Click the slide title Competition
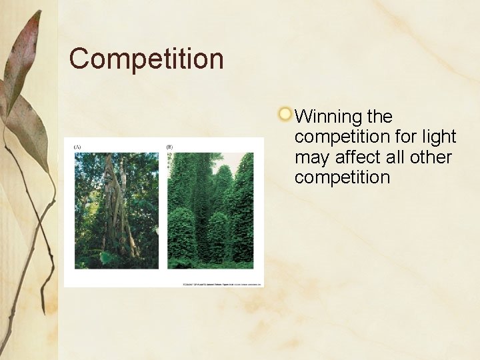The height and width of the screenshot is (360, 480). tap(146, 59)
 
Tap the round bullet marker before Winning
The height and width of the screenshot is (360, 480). tap(285, 114)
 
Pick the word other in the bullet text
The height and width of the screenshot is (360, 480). tap(432, 157)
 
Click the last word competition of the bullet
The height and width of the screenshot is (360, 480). tap(342, 178)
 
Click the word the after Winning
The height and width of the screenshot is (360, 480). tap(379, 117)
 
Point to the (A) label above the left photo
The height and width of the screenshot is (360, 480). tap(77, 147)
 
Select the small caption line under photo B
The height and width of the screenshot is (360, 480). tap(222, 285)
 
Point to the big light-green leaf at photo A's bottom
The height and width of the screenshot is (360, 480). tap(106, 257)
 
